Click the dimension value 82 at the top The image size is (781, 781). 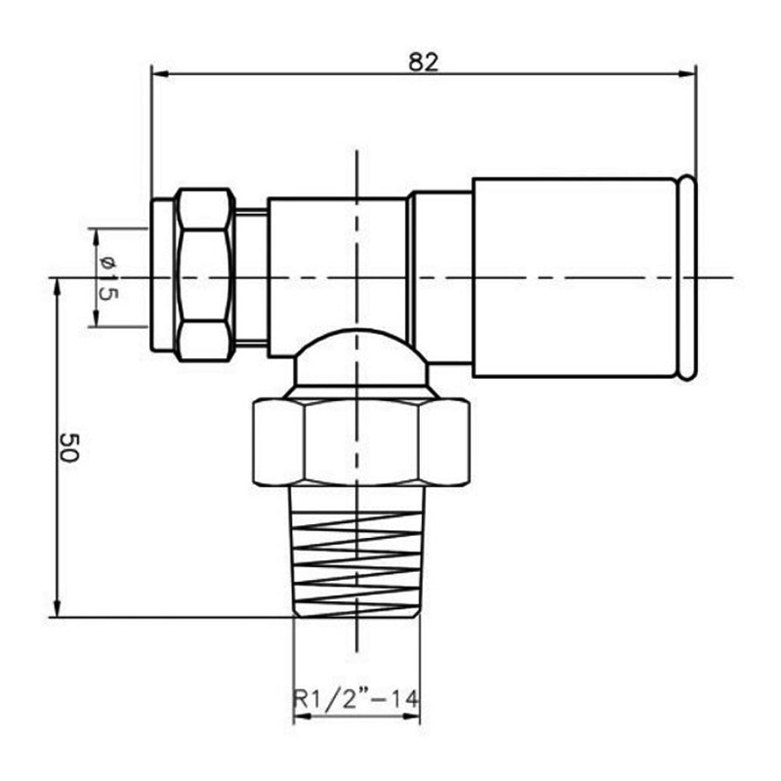click(x=423, y=61)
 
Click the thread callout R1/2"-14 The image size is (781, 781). click(x=356, y=700)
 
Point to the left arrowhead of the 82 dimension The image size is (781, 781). click(x=158, y=73)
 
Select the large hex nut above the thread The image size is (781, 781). click(x=360, y=440)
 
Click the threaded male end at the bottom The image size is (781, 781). click(x=357, y=552)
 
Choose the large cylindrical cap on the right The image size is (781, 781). click(x=576, y=277)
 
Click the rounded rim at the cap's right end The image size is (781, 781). click(x=688, y=277)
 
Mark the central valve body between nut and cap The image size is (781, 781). click(x=336, y=264)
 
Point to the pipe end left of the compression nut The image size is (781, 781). click(x=161, y=275)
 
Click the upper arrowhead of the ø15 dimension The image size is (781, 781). click(x=95, y=235)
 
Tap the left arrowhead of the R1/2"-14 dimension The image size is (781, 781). click(x=301, y=717)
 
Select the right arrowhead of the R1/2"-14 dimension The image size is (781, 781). click(x=414, y=717)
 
